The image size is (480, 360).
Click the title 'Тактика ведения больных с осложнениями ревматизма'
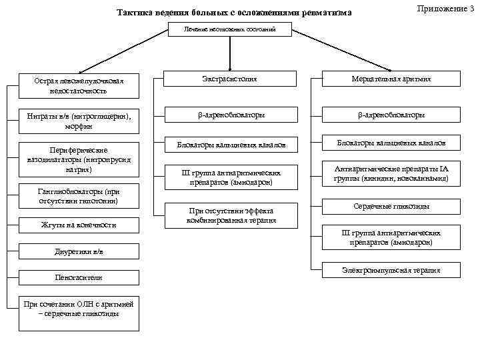[x=234, y=13]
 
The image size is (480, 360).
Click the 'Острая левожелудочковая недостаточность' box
[x=80, y=85]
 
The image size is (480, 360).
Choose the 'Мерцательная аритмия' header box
[x=391, y=79]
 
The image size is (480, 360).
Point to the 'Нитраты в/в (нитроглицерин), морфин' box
[x=80, y=121]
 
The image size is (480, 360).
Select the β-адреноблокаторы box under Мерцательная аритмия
[x=391, y=115]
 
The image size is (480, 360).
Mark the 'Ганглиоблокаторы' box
[x=80, y=196]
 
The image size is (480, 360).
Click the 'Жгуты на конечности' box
[x=80, y=225]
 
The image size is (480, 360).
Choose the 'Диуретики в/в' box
[x=80, y=253]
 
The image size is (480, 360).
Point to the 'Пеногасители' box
[x=80, y=277]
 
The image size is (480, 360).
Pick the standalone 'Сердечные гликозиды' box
[x=391, y=207]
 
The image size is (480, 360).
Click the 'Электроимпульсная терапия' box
[x=391, y=270]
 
